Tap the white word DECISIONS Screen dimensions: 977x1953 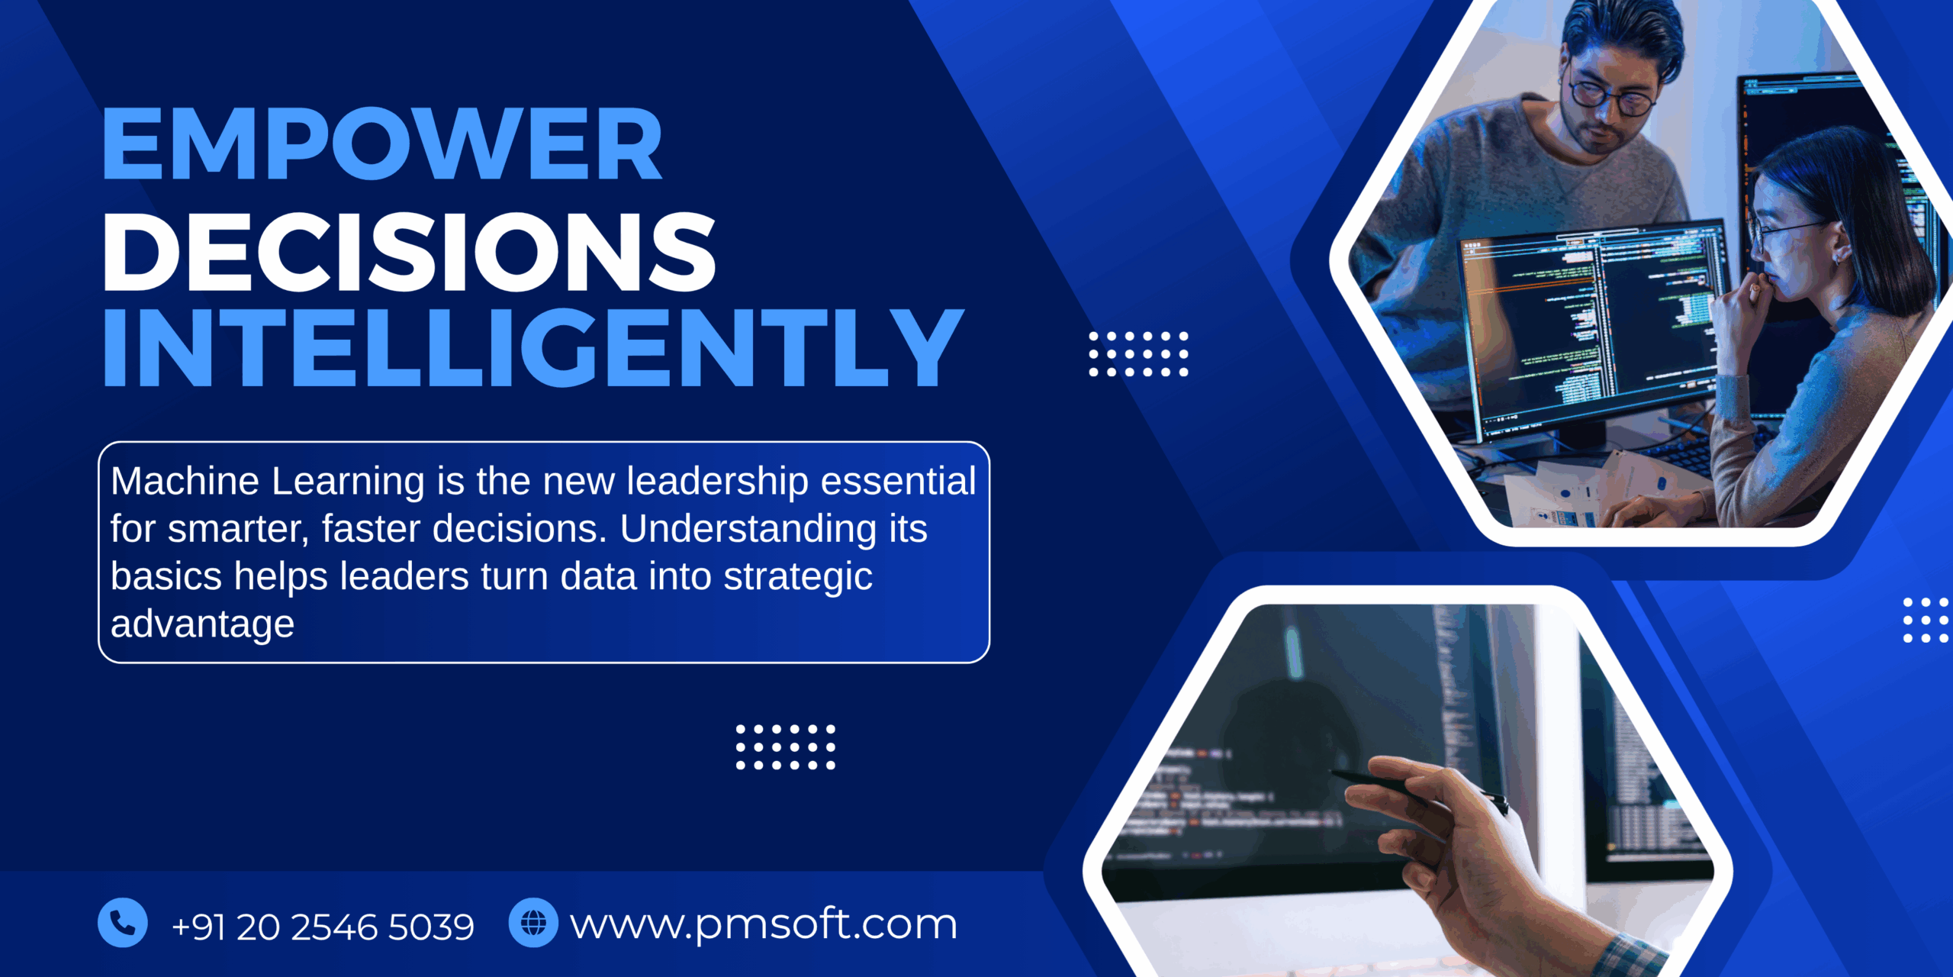(x=409, y=252)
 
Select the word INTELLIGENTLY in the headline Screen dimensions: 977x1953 (x=532, y=348)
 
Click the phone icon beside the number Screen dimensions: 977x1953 (x=123, y=923)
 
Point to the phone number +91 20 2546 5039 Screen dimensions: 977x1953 (x=323, y=927)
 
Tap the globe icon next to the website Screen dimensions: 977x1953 (x=533, y=923)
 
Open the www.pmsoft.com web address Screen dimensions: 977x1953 (x=763, y=925)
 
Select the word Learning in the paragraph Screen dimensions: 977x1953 (x=348, y=482)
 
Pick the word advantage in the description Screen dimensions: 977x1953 (x=202, y=624)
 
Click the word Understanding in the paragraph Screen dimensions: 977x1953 (x=748, y=529)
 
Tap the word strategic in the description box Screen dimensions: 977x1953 (x=797, y=577)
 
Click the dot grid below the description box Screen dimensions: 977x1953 (x=785, y=746)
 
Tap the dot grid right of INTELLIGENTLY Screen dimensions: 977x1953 (x=1138, y=354)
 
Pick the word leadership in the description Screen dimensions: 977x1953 (x=717, y=482)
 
